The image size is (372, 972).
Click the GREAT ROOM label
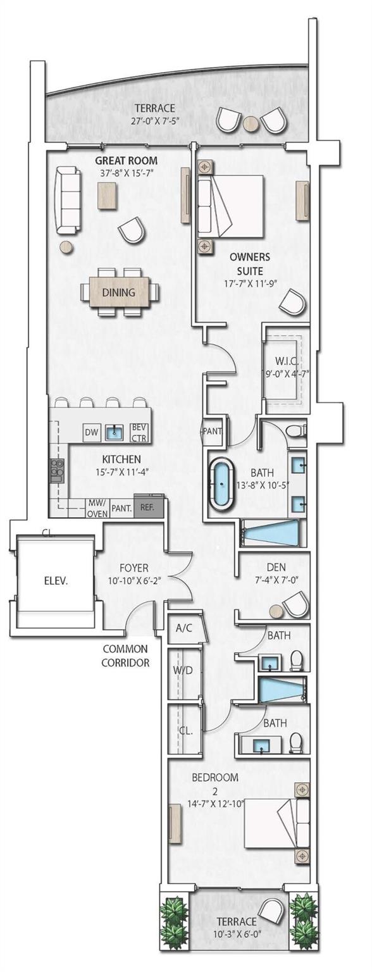[126, 161]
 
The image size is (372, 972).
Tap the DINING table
[119, 292]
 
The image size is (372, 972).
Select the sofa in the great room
[68, 200]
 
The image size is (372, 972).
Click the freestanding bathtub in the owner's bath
[222, 486]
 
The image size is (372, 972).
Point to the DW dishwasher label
[92, 433]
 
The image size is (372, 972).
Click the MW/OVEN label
[97, 508]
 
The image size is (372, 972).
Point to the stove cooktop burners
[56, 470]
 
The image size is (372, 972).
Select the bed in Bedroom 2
[277, 823]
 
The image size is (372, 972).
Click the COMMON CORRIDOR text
[127, 656]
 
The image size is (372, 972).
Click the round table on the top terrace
[251, 123]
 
